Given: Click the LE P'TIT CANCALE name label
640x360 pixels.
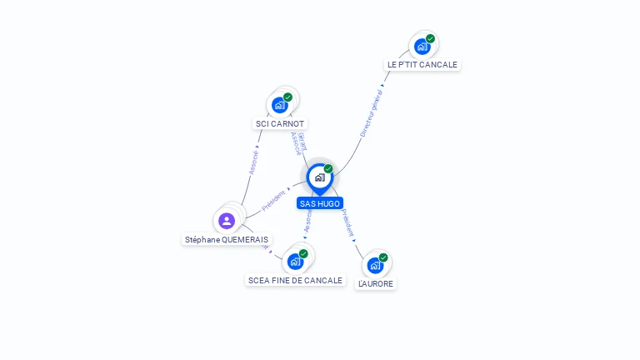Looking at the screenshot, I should point(422,64).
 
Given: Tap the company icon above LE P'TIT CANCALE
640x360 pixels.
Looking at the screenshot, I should point(422,47).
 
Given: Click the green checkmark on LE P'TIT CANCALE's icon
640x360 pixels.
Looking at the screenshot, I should point(431,38).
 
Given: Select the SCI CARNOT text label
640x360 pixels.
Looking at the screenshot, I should point(280,123).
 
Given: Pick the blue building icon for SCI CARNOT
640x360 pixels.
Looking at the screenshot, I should point(279,106).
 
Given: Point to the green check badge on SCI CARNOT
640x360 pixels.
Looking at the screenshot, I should point(287,97).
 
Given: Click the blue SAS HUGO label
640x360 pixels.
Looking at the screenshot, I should point(320,203).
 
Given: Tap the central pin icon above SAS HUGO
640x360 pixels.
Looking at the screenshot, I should point(319,177).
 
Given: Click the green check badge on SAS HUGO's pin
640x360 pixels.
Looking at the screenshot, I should point(328,169).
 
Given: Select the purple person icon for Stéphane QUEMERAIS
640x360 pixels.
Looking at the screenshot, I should point(227,221).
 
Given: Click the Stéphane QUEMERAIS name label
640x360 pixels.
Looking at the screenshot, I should point(227,239).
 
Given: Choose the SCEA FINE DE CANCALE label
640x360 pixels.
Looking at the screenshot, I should point(295,280).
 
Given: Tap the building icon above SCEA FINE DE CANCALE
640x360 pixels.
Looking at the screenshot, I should point(295,262).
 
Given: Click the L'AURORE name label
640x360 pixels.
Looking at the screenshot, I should point(375,283).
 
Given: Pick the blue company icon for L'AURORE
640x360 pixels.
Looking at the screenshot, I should point(375,266).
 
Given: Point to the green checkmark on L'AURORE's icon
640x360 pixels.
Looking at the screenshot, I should point(383,257).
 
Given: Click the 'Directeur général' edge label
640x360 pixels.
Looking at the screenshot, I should point(371,113).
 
